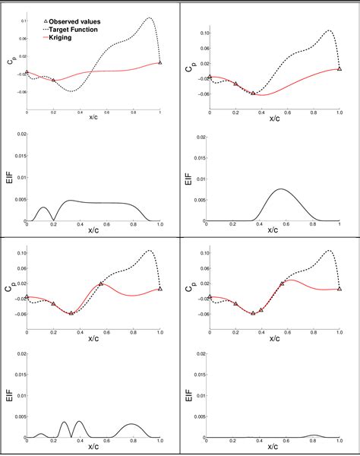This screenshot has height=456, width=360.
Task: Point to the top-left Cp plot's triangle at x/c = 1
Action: coord(159,63)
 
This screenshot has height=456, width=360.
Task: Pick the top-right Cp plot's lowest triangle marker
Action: coord(254,93)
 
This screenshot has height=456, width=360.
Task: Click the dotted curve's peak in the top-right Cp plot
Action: coord(328,31)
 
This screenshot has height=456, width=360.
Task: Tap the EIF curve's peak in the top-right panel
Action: coord(281,189)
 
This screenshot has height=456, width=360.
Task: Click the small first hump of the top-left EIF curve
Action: coord(43,207)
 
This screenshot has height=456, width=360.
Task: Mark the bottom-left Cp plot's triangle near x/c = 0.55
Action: coord(101,283)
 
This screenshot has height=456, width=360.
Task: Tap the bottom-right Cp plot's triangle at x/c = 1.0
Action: coord(339,289)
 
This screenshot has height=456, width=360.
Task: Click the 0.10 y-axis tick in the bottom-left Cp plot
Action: coord(20,252)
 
